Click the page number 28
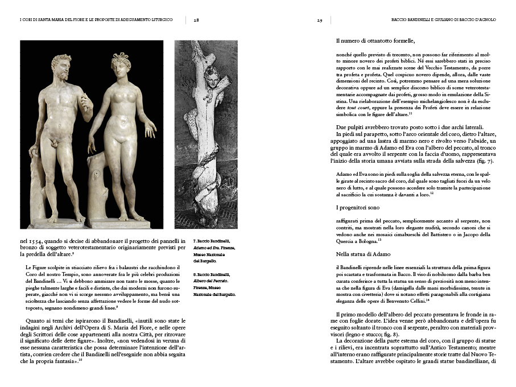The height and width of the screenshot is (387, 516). point(196,19)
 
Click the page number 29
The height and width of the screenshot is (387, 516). point(320,19)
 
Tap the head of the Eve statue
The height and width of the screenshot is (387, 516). point(121,64)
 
